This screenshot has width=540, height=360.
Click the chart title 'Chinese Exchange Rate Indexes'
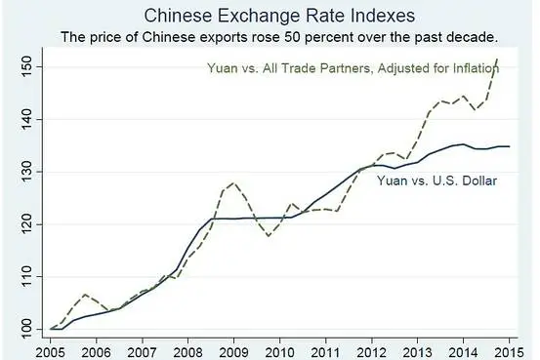point(270,16)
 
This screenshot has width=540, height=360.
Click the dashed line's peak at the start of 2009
point(231,182)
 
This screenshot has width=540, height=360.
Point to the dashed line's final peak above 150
point(498,60)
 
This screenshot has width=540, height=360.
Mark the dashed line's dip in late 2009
point(269,235)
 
